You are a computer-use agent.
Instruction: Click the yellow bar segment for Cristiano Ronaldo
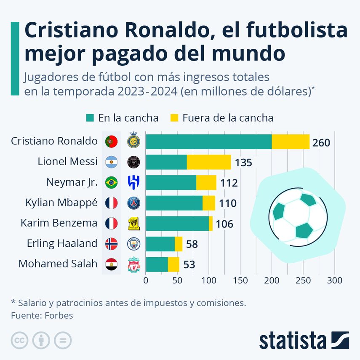tap(291, 141)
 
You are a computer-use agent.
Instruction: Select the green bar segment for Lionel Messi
tap(166, 162)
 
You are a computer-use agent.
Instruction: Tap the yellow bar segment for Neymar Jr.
tap(206, 182)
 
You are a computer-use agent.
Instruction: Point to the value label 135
tap(243, 163)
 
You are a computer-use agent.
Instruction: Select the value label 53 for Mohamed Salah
tap(189, 265)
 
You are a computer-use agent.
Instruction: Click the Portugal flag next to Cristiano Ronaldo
tap(112, 141)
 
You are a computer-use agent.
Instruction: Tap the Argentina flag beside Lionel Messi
tap(112, 162)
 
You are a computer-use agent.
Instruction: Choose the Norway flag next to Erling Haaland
tap(112, 243)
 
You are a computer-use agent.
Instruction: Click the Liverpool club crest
tap(133, 264)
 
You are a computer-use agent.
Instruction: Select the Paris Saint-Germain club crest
tap(133, 203)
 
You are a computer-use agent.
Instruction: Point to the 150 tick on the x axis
tap(240, 280)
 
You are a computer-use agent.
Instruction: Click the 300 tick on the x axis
tap(335, 280)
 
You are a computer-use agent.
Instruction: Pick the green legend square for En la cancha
tap(90, 118)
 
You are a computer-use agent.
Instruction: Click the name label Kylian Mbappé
tap(61, 203)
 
